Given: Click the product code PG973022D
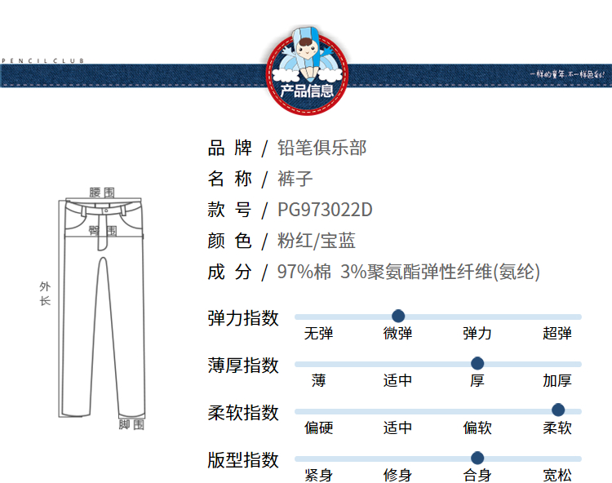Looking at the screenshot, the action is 325,210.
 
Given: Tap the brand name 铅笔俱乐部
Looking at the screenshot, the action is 322,148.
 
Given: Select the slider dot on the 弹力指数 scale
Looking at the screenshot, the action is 398,316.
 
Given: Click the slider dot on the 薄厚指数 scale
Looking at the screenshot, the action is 477,363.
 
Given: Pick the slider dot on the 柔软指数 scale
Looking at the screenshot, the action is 558,410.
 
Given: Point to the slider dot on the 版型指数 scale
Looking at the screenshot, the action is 477,458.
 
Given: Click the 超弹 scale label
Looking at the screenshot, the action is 557,333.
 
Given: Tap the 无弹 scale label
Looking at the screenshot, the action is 318,333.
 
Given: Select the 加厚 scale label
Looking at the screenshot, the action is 557,380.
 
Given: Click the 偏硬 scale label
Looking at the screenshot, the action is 318,428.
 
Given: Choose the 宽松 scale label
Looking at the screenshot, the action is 557,475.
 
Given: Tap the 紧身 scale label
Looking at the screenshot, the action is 318,475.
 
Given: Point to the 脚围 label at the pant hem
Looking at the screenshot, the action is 131,424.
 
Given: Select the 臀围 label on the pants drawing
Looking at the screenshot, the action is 103,231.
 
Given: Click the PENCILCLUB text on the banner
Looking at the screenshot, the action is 42,60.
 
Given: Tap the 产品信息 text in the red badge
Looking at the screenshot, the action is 307,91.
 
